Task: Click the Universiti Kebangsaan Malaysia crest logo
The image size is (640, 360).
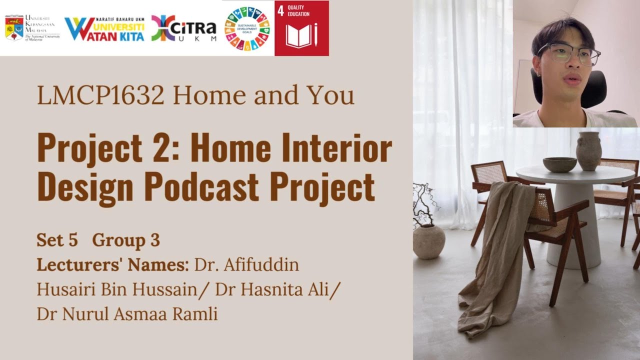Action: (x=14, y=28)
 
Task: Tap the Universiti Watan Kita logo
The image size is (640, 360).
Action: (x=104, y=29)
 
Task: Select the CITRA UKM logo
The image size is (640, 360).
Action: (x=184, y=28)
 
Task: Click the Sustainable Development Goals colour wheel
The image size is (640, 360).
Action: (x=247, y=28)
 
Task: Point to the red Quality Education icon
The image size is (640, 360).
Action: (x=301, y=28)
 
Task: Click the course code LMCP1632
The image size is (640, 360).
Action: (x=100, y=95)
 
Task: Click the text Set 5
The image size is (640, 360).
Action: (x=57, y=240)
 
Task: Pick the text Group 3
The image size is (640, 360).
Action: (x=126, y=240)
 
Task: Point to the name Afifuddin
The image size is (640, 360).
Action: (x=261, y=264)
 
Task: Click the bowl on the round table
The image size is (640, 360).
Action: (x=559, y=164)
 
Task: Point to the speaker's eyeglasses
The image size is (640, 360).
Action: (x=569, y=52)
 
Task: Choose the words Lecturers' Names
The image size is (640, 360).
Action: (x=112, y=264)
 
